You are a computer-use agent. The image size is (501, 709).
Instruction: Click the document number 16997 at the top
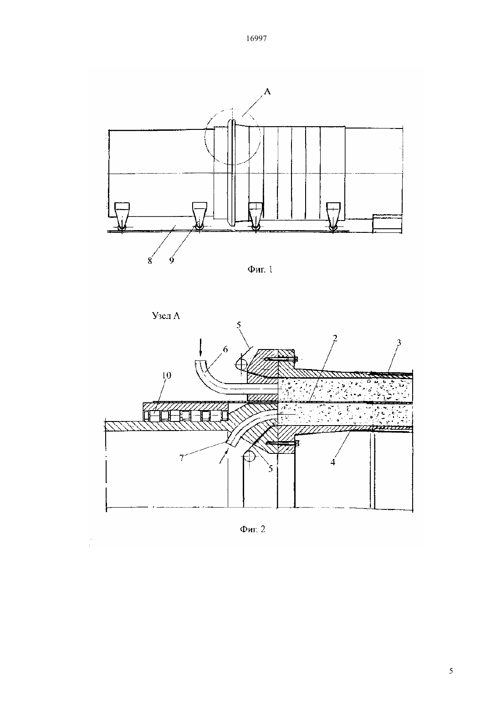(x=256, y=38)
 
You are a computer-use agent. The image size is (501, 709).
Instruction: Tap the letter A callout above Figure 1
(x=267, y=92)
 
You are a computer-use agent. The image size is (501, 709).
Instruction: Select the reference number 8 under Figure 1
(x=149, y=261)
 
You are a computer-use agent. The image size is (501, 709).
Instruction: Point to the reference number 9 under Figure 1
(x=171, y=261)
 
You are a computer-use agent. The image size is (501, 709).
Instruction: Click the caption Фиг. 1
(x=260, y=269)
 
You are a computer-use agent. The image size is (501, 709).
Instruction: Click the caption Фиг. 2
(x=252, y=529)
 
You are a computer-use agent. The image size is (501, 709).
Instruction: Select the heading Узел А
(x=166, y=316)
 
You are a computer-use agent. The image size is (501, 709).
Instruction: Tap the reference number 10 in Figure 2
(x=166, y=375)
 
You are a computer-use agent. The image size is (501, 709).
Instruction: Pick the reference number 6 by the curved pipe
(x=225, y=349)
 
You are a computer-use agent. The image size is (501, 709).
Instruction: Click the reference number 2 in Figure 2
(x=335, y=339)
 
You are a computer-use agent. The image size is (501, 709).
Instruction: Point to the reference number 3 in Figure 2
(x=399, y=343)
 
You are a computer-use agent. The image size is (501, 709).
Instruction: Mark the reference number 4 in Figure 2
(x=333, y=462)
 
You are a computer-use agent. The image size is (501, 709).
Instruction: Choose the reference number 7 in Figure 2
(x=182, y=458)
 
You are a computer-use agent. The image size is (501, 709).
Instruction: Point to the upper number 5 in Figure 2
(x=239, y=325)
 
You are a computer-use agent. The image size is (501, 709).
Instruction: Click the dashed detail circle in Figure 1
(x=205, y=137)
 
